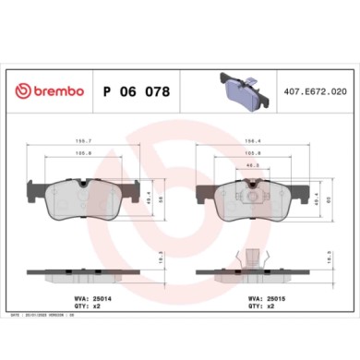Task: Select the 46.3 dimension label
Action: pyautogui.click(x=251, y=166)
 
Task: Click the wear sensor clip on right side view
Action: pyautogui.click(x=251, y=260)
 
